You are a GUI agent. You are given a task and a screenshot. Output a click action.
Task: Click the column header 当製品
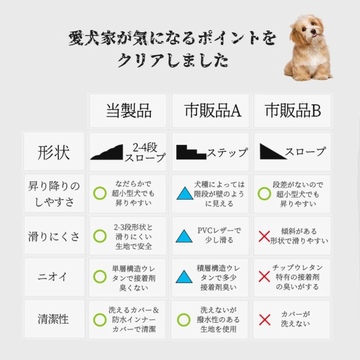[129, 111]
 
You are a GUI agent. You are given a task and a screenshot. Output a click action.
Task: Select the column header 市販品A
[213, 111]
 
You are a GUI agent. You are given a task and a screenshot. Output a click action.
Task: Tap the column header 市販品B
[293, 111]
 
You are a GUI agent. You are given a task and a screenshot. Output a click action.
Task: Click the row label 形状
[54, 152]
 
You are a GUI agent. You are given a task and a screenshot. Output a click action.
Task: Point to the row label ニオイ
[53, 276]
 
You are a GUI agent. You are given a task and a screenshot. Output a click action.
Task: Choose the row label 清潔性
[53, 319]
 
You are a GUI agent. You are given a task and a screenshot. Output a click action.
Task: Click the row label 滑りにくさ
[54, 237]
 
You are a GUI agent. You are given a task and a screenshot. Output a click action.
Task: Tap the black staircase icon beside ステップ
[191, 152]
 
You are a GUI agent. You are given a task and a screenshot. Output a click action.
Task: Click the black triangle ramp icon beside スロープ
[273, 152]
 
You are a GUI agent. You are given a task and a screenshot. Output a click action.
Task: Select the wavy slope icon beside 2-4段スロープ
[107, 152]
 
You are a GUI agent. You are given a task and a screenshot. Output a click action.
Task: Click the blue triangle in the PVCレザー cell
[184, 236]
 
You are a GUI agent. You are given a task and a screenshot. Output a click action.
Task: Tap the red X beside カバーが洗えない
[265, 320]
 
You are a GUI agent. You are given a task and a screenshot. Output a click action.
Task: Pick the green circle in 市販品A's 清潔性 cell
[184, 320]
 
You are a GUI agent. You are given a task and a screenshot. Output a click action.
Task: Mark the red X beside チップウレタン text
[264, 276]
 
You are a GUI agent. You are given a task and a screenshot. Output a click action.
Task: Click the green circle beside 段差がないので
[264, 194]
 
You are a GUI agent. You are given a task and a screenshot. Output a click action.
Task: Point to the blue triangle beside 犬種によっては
[185, 193]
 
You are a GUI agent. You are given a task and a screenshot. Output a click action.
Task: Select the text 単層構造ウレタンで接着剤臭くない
[134, 278]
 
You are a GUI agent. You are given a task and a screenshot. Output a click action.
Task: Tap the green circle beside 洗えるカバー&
[100, 320]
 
